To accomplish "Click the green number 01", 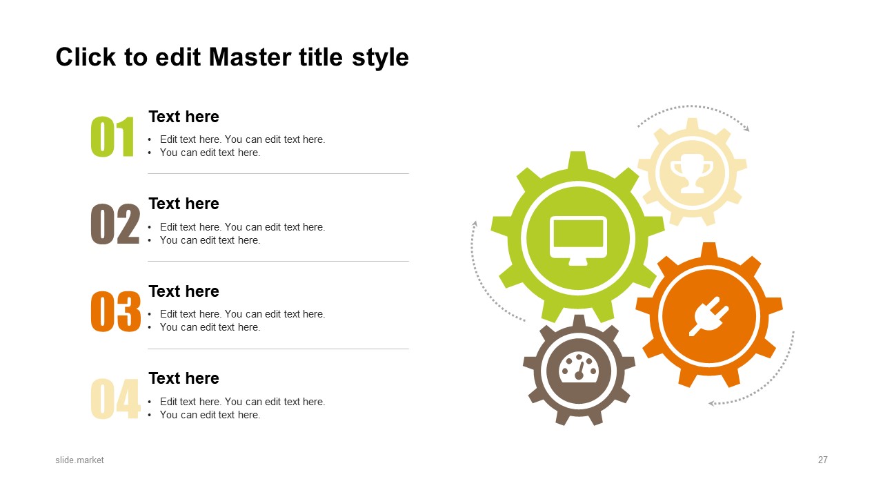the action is [x=112, y=137].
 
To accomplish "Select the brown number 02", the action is [x=115, y=224].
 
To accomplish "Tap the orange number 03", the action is [x=115, y=311].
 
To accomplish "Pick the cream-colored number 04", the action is [x=115, y=398].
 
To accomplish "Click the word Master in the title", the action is [x=250, y=57].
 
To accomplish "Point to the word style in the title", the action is [x=380, y=59].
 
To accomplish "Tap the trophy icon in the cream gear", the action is [x=692, y=177].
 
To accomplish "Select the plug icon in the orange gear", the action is [x=708, y=316].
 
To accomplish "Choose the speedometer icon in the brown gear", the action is [x=579, y=368].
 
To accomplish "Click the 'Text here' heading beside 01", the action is [x=183, y=117].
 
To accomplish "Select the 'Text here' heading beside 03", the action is [x=183, y=291].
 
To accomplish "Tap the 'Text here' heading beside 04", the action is [x=183, y=378].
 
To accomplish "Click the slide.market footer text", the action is [x=79, y=460].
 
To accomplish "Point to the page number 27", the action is [x=823, y=460].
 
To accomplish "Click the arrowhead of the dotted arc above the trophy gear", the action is [x=746, y=128].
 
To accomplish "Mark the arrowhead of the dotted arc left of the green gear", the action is [x=475, y=224].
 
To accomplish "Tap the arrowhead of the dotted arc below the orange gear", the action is [x=711, y=403].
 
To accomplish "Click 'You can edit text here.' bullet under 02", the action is [x=210, y=240].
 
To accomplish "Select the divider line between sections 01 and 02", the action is [x=278, y=173].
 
